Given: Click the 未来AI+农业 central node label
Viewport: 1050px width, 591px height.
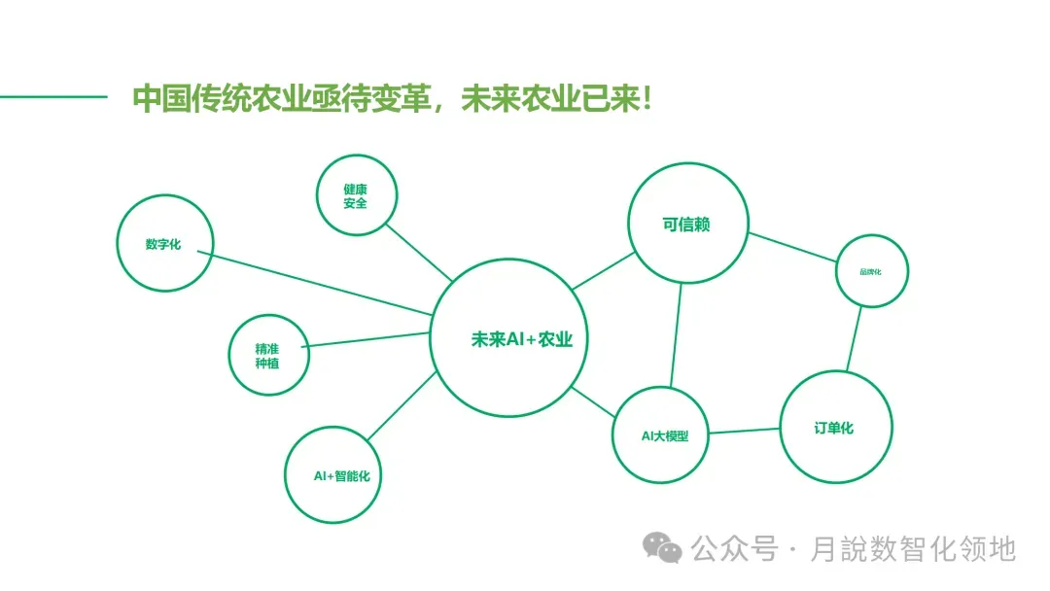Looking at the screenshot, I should pyautogui.click(x=521, y=340).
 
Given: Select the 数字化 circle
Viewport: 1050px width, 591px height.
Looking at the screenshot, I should pyautogui.click(x=163, y=244).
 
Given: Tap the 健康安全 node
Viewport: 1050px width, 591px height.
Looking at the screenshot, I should pyautogui.click(x=356, y=195).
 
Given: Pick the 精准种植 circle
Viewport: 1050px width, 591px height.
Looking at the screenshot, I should pyautogui.click(x=267, y=355).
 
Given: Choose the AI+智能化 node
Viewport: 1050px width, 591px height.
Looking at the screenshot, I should pyautogui.click(x=333, y=475).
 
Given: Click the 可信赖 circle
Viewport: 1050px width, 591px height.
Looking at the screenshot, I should pyautogui.click(x=687, y=225).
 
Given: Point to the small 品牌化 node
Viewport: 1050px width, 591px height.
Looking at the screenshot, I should pyautogui.click(x=871, y=271).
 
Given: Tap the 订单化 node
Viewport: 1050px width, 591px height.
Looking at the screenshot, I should pyautogui.click(x=835, y=428).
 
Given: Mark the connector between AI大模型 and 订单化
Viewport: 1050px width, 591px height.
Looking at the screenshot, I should pyautogui.click(x=745, y=432).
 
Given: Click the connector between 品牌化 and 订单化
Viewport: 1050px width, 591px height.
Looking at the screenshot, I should pyautogui.click(x=854, y=339).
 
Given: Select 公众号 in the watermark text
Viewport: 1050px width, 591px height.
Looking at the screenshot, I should pyautogui.click(x=735, y=549).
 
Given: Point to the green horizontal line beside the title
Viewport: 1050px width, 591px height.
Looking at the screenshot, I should pyautogui.click(x=52, y=96).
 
